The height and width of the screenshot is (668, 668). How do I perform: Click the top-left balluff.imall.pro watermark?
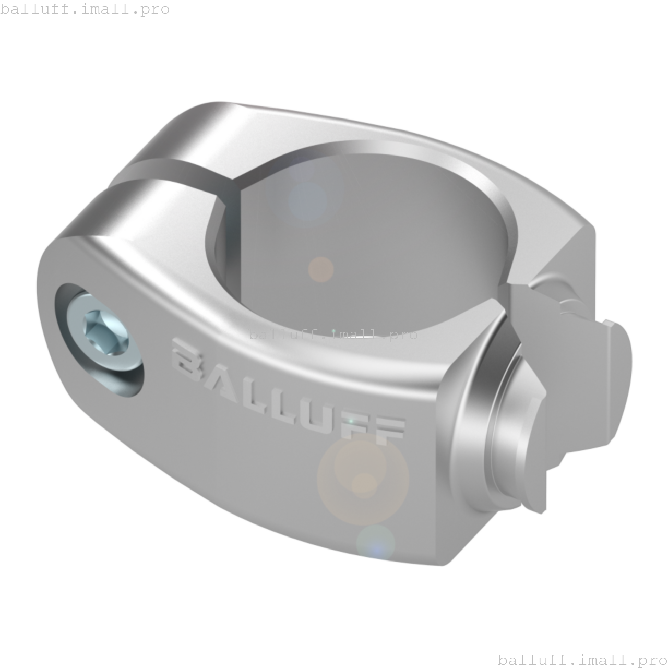click(85, 9)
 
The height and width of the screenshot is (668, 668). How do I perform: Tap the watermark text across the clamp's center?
click(333, 334)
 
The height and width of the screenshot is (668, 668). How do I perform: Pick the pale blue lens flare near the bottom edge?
click(375, 543)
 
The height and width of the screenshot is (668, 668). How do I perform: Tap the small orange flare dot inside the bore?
click(320, 269)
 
